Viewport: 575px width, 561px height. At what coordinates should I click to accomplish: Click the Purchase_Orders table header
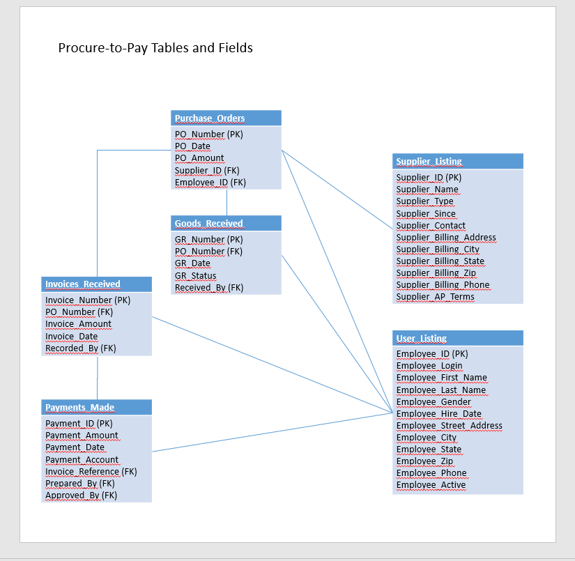tap(226, 118)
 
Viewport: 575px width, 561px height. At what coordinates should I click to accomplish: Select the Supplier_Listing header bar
tap(457, 161)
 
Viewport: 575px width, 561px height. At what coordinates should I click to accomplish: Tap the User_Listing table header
tap(457, 338)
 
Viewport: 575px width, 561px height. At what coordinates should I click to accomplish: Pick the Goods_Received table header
tap(226, 223)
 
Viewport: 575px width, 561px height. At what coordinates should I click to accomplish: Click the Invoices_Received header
tap(96, 284)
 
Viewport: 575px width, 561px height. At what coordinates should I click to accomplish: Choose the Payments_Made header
tap(96, 407)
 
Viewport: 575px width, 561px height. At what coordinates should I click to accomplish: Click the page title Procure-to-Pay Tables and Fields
tap(155, 48)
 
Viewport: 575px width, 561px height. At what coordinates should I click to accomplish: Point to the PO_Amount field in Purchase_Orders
tap(199, 158)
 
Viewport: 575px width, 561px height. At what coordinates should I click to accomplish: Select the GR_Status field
tap(195, 275)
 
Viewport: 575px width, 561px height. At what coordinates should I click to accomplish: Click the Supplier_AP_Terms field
tap(435, 297)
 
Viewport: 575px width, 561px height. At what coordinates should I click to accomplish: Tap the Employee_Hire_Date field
tap(438, 413)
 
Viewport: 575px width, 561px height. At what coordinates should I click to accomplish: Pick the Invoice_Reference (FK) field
tap(91, 471)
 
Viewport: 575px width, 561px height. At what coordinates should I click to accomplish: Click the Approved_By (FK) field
tap(81, 495)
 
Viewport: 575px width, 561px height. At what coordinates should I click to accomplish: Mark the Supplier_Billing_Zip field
tap(436, 273)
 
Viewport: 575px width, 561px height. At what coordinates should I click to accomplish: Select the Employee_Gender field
tap(434, 401)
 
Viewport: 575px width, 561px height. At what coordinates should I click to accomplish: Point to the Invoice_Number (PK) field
tap(88, 300)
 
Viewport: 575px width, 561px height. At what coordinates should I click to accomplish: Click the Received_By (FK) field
tap(209, 287)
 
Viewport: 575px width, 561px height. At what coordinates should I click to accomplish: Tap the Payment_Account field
tap(82, 459)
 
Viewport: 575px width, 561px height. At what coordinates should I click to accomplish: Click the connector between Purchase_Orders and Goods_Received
tap(227, 202)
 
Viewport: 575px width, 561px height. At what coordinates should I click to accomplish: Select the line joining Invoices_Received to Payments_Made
tap(98, 378)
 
